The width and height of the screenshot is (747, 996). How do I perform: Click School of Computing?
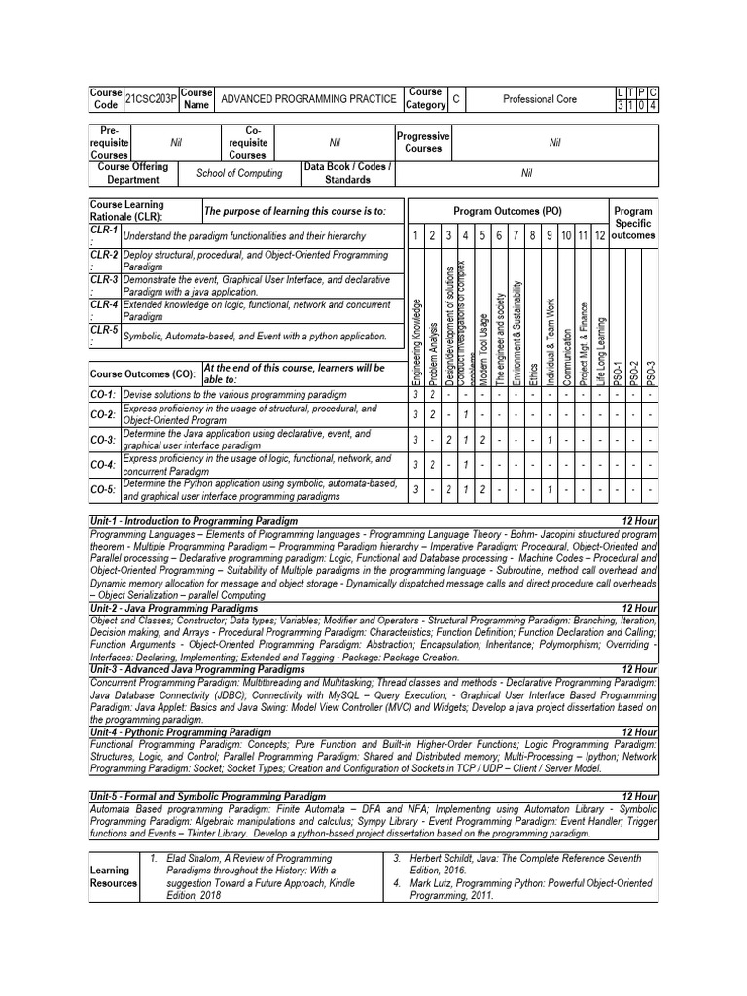click(239, 173)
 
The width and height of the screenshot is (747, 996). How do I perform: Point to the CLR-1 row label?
click(103, 234)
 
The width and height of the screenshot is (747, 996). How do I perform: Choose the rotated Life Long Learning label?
click(602, 350)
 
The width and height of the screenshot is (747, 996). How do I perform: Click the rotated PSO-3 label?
click(652, 373)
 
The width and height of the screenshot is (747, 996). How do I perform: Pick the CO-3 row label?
click(104, 440)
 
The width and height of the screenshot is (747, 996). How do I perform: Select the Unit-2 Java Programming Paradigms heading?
click(174, 608)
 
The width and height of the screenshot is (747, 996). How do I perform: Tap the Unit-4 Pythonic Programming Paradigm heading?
click(181, 731)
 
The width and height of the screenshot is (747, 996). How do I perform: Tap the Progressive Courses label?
click(422, 142)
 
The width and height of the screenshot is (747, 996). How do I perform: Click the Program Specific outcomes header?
click(633, 223)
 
